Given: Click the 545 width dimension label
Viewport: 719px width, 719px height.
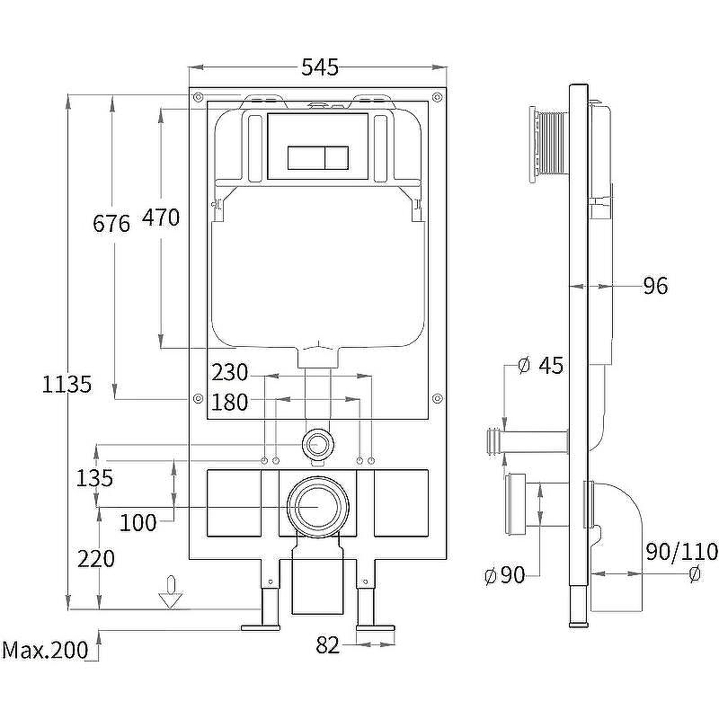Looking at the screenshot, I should (x=319, y=67).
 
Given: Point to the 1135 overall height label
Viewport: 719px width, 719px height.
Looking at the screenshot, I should (x=67, y=385).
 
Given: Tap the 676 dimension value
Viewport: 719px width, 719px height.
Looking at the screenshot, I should (x=111, y=223).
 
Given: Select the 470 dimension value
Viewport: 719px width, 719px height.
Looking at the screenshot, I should (x=160, y=217).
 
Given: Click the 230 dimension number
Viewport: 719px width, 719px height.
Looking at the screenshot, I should (x=229, y=372).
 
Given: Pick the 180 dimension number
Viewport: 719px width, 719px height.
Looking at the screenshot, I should (x=229, y=403).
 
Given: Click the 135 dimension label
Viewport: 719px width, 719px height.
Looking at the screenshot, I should (x=94, y=478).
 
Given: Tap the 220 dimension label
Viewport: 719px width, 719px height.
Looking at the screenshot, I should (x=95, y=559).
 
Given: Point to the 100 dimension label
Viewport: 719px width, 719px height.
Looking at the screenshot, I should (x=138, y=522).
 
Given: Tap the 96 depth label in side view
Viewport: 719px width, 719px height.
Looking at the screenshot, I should (x=655, y=287).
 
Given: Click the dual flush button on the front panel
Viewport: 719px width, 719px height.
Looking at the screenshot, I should (x=318, y=158).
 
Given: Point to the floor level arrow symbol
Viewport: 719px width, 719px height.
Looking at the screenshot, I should (x=169, y=597).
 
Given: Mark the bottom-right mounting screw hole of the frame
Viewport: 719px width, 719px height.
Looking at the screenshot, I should (x=437, y=397).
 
